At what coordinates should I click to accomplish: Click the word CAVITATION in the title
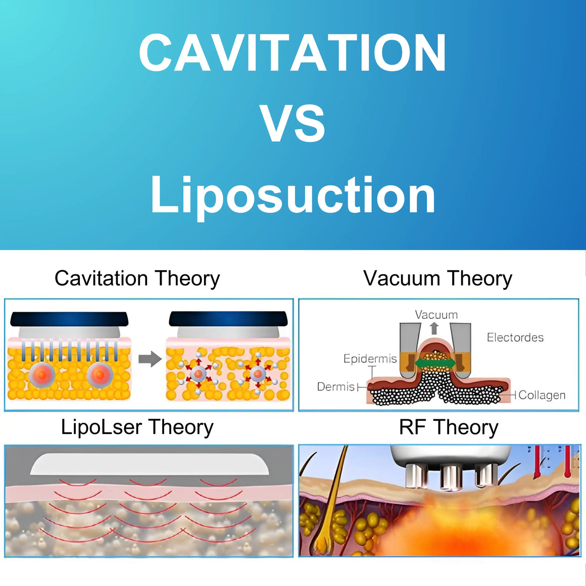click(x=292, y=53)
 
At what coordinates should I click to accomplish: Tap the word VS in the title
click(x=292, y=123)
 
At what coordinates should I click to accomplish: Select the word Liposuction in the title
click(x=293, y=196)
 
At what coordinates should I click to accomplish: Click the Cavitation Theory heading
click(x=137, y=279)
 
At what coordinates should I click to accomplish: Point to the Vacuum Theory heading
click(x=437, y=279)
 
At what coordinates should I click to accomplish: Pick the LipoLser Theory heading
click(x=137, y=427)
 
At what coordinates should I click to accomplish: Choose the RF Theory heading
click(x=449, y=427)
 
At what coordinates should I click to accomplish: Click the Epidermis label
click(x=370, y=359)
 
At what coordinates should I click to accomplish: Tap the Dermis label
click(x=335, y=386)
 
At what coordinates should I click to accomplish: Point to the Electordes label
click(x=515, y=337)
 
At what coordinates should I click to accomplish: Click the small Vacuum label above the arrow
click(x=436, y=315)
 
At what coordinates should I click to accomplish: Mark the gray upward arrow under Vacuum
click(x=434, y=328)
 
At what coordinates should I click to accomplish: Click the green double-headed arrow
click(x=435, y=363)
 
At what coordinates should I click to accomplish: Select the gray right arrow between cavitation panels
click(x=150, y=359)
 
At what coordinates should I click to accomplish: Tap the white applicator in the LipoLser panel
click(x=150, y=464)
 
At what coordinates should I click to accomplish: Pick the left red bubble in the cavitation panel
click(x=42, y=375)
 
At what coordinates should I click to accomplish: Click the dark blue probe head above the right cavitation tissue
click(x=228, y=319)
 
